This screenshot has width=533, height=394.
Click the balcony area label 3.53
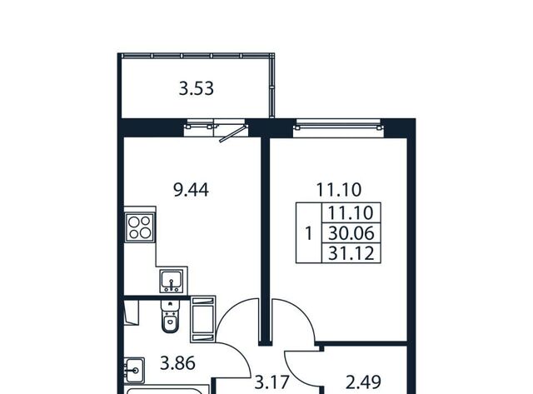197,88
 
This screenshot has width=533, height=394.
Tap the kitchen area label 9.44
191,190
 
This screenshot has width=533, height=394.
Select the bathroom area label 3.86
177,363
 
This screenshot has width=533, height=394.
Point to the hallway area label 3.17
272,382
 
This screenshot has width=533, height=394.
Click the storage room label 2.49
363,382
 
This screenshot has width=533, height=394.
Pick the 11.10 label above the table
339,190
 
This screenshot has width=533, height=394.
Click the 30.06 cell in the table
351,233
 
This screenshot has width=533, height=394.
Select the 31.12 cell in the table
351,253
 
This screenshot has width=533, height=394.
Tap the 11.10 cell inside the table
351,212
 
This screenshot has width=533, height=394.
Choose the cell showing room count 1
309,233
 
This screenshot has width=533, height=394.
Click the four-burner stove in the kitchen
140,227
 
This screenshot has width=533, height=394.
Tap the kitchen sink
172,281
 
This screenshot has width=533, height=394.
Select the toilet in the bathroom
169,317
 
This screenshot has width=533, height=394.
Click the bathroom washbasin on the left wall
134,370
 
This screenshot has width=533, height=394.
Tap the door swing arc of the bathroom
239,352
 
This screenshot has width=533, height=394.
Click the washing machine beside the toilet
203,319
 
